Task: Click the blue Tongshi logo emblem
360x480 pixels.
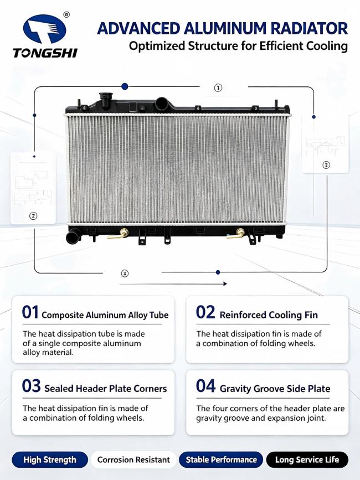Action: [x=45, y=29]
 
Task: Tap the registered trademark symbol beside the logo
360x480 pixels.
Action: [x=66, y=14]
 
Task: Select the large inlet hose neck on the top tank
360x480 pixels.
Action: [x=161, y=104]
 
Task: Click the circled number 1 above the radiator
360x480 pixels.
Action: [x=218, y=88]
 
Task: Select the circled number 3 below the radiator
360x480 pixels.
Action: [x=125, y=273]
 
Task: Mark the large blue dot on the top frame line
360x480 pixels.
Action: [x=124, y=86]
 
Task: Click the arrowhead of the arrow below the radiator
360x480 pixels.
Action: [x=225, y=284]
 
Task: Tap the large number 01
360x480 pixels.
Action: [x=30, y=312]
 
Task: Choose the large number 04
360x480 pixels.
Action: [x=205, y=386]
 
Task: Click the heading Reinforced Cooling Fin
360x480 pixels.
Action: [x=269, y=315]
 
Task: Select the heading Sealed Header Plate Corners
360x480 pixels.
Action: [x=106, y=389]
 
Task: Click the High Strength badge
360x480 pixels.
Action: [x=50, y=460]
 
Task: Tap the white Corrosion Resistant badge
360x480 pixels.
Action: [x=133, y=460]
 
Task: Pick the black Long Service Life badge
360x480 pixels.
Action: [x=307, y=460]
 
